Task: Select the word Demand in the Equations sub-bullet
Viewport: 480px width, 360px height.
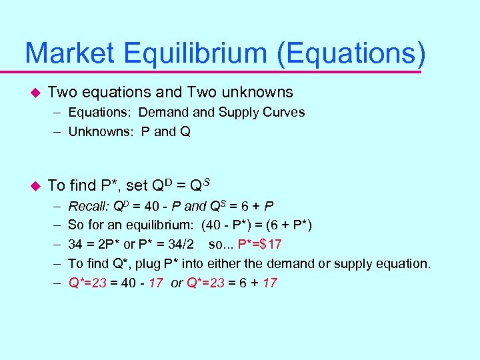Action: [x=163, y=112]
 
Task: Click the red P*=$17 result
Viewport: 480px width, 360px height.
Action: [x=263, y=244]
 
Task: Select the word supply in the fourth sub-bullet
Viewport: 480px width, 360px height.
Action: [x=358, y=263]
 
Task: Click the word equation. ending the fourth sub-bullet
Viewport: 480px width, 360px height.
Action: [x=406, y=263]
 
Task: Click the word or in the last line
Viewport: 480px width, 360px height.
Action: [x=177, y=283]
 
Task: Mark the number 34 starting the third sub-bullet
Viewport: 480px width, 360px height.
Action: [x=76, y=244]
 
